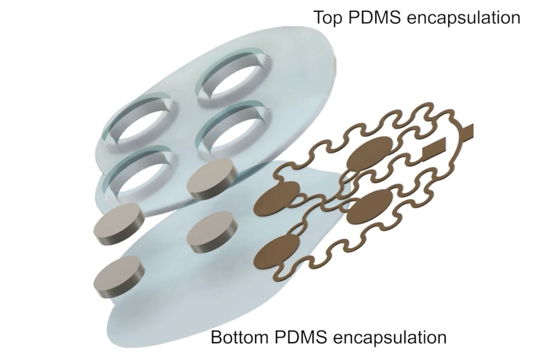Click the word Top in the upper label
pos(328,17)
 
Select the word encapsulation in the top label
pos(464,17)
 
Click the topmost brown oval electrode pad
pos(370,152)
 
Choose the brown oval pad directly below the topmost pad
pos(370,206)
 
